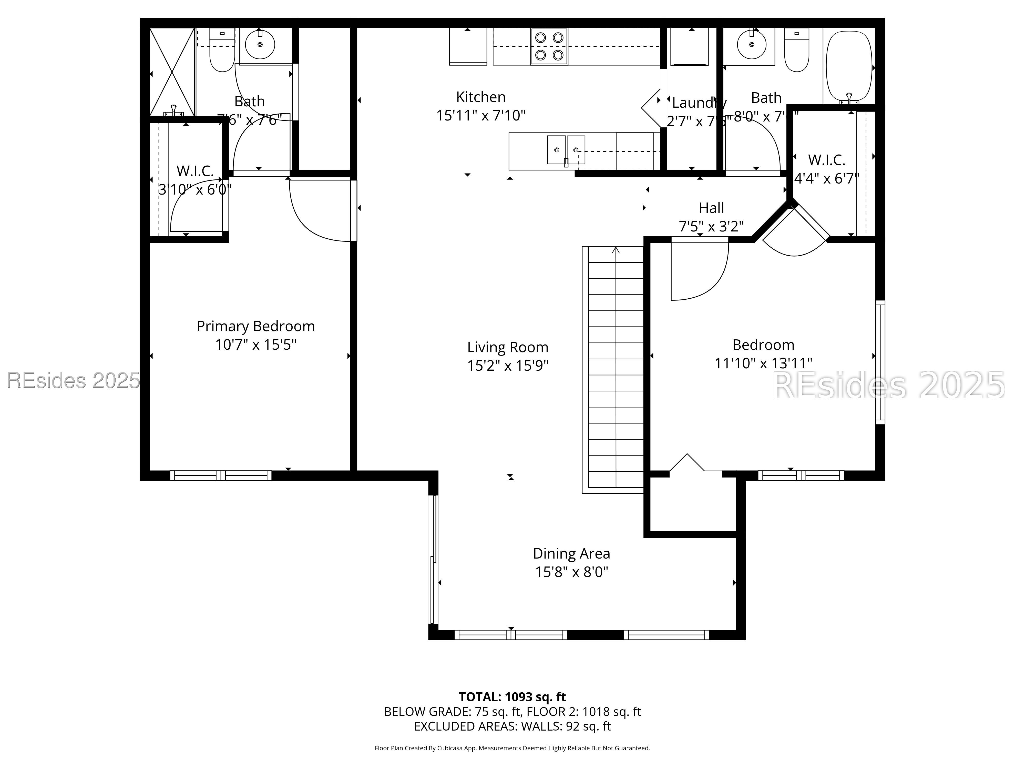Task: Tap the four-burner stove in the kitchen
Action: [x=549, y=46]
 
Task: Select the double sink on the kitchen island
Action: [x=566, y=150]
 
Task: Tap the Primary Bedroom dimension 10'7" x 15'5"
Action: [x=256, y=345]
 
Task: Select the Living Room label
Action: [x=507, y=347]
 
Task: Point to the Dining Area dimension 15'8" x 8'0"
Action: [x=571, y=572]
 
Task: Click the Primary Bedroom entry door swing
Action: [x=320, y=211]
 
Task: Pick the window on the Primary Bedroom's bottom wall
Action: [x=221, y=475]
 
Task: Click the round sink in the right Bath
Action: [x=751, y=45]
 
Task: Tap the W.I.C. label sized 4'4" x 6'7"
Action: [x=827, y=178]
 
